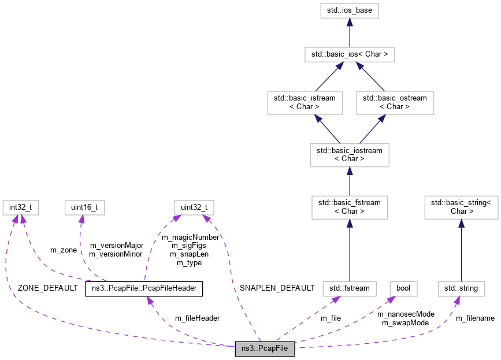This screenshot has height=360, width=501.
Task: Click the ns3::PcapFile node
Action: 265,349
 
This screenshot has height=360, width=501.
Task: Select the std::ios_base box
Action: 350,10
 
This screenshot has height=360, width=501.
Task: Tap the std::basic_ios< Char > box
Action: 350,55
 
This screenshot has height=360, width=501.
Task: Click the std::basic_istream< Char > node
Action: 305,102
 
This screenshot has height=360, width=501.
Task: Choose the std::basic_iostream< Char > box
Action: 350,155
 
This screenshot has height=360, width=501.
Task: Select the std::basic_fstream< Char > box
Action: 350,207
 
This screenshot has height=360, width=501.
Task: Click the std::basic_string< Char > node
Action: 461,207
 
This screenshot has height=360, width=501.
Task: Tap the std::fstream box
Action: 350,287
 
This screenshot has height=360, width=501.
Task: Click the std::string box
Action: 461,287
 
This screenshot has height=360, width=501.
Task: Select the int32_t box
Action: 20,207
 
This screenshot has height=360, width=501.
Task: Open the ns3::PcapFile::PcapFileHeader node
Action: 144,288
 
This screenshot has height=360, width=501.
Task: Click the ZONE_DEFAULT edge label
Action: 47,288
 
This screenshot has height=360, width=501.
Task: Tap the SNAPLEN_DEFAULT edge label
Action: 277,288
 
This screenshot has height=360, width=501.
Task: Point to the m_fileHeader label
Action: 197,318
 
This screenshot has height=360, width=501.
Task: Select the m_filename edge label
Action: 475,318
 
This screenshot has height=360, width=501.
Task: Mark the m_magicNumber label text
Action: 190,237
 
